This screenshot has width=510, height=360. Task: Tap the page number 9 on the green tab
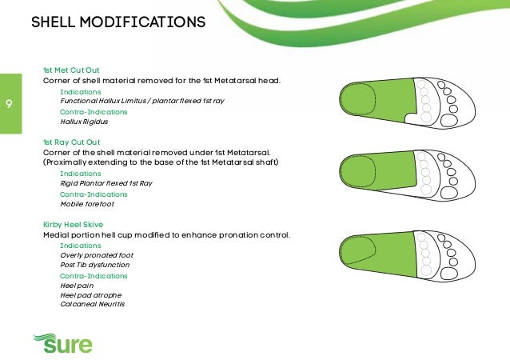pos(8,103)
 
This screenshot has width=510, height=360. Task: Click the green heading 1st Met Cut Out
pos(71,70)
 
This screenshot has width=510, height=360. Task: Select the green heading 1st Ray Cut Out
pos(71,142)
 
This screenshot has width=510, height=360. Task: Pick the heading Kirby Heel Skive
pos(73,225)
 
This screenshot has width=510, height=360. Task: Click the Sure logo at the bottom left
pos(62,344)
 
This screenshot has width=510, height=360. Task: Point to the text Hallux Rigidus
pos(84,122)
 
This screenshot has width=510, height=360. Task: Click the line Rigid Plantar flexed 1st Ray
pos(106,183)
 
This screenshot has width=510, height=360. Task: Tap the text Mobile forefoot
pos(86,203)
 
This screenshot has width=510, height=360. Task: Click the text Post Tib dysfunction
pos(95,265)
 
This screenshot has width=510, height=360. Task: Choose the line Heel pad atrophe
pos(87,295)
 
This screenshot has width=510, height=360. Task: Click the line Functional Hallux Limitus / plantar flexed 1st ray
pos(140,102)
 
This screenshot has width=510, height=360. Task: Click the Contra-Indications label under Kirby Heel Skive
pos(94,276)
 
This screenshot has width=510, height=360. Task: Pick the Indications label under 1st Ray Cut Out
pos(81,173)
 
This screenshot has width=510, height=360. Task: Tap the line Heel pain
pos(77,286)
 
